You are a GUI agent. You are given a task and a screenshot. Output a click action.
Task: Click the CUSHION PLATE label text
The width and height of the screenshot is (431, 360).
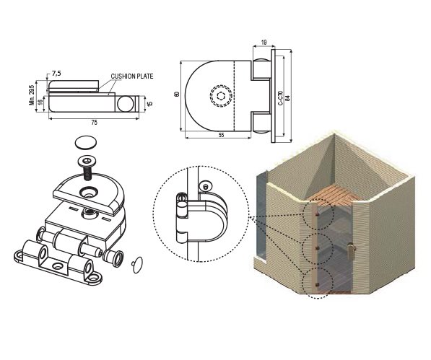132,76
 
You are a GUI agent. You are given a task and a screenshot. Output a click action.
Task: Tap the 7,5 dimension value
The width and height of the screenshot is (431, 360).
56,74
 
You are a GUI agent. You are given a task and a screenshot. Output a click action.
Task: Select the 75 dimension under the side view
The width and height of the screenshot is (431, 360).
94,123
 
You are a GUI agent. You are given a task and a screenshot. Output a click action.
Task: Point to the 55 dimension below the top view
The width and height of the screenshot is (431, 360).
221,135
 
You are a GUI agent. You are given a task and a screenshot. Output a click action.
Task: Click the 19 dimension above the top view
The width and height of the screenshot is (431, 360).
264,43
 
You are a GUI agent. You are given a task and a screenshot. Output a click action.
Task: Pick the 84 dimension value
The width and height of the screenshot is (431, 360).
287,98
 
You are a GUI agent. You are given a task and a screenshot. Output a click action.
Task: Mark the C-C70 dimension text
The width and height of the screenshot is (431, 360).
280,98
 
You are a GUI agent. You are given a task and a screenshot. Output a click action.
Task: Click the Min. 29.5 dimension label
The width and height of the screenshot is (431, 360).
32,95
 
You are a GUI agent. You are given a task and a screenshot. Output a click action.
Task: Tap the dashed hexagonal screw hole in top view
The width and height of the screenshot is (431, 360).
221,96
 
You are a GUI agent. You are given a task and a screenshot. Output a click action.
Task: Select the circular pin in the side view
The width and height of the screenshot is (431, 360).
126,103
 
